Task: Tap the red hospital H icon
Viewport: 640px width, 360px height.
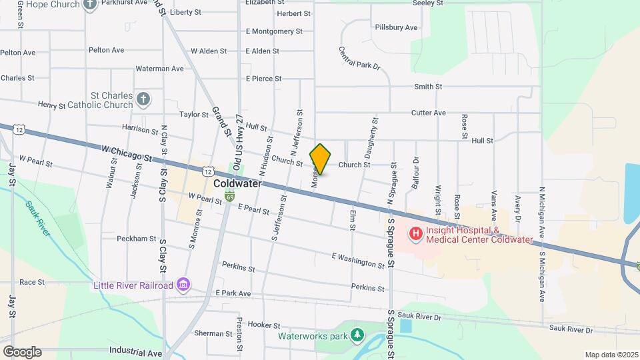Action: click(x=416, y=233)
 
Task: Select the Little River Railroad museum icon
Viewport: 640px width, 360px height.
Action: click(x=183, y=286)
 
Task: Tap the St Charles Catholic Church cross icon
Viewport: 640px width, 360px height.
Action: click(x=143, y=100)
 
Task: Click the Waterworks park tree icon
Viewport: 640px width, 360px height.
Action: click(x=359, y=335)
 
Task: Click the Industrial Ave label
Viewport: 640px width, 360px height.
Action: click(x=135, y=351)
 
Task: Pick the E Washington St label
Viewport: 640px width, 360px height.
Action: click(x=358, y=260)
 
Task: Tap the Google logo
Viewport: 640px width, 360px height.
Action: click(x=21, y=352)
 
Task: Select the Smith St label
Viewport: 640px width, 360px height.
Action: click(x=428, y=87)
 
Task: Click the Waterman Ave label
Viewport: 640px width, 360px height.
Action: click(x=159, y=68)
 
